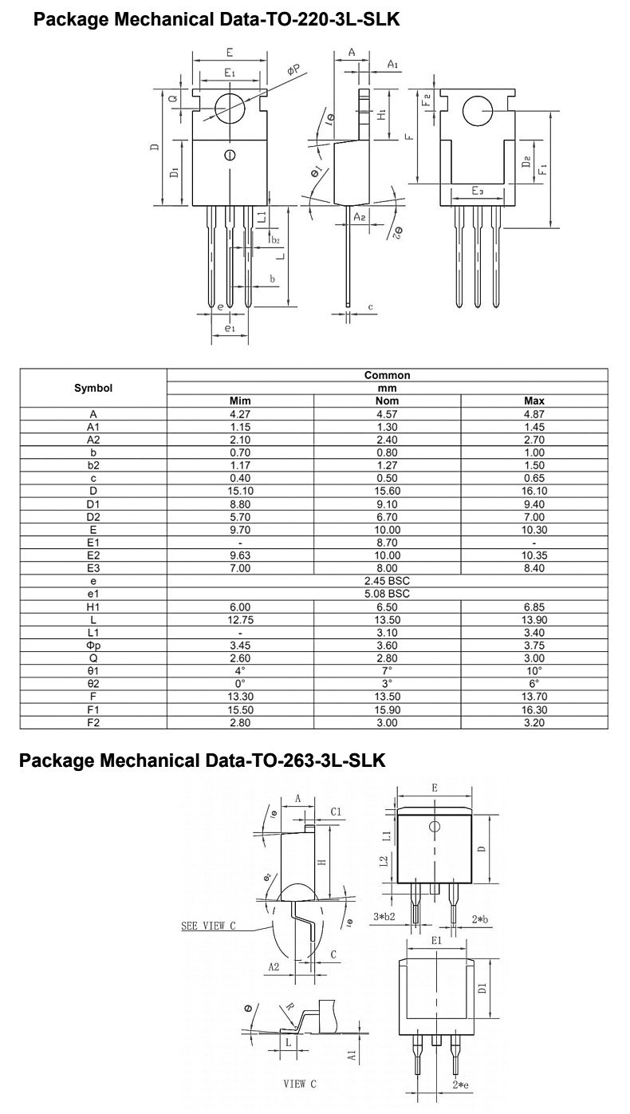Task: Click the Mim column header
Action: pyautogui.click(x=240, y=401)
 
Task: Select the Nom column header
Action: pyautogui.click(x=387, y=401)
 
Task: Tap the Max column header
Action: pyautogui.click(x=534, y=401)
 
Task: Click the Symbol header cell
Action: pyautogui.click(x=93, y=388)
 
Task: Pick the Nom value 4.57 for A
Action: pyautogui.click(x=387, y=414)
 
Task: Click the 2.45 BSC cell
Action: pyautogui.click(x=387, y=581)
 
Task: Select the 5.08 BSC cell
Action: pyautogui.click(x=387, y=594)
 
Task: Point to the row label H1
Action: pyautogui.click(x=93, y=606)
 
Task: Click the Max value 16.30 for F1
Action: pyautogui.click(x=534, y=709)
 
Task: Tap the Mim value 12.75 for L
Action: pyautogui.click(x=240, y=620)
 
